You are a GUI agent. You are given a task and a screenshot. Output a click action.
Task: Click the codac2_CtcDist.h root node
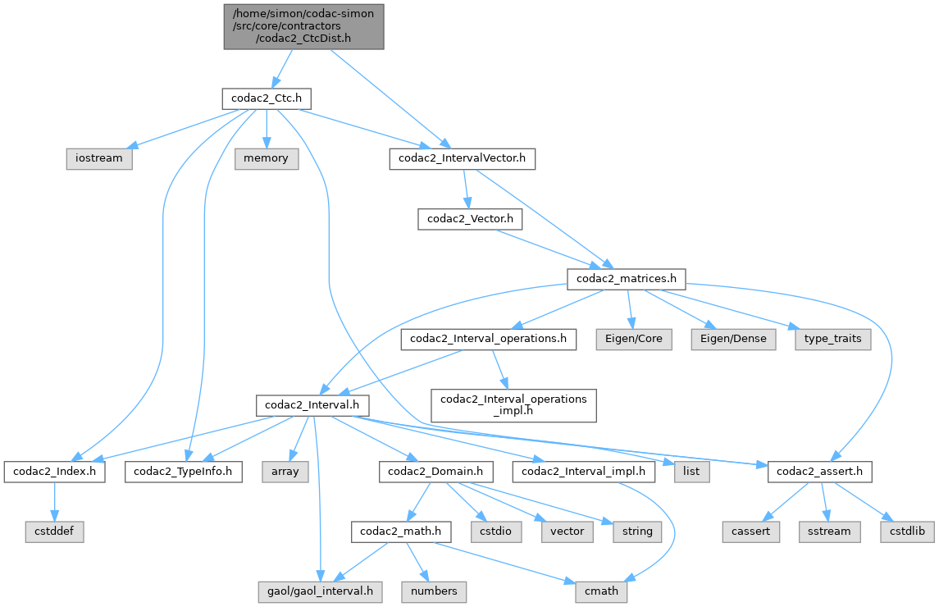(303, 26)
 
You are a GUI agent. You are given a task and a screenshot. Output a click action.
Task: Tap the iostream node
(99, 158)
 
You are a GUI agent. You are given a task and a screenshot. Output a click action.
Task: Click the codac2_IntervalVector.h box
(462, 158)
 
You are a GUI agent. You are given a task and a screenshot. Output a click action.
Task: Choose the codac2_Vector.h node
(466, 219)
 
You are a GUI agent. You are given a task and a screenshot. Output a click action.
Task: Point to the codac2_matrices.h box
(627, 279)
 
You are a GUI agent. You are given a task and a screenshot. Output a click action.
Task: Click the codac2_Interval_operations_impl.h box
(514, 405)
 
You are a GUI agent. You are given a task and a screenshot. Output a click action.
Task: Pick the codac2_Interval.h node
(313, 404)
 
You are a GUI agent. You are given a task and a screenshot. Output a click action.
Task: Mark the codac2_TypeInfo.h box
(184, 472)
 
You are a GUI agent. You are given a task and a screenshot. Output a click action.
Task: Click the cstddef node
(54, 531)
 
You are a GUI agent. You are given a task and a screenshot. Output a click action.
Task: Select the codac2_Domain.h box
(435, 472)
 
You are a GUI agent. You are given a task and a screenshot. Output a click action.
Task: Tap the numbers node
(434, 591)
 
